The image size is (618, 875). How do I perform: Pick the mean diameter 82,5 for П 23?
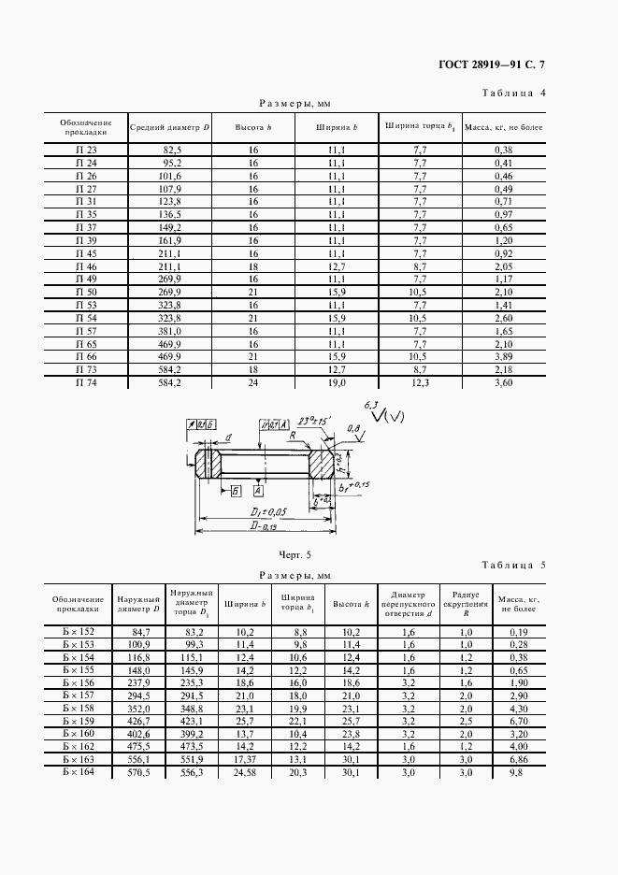(172, 150)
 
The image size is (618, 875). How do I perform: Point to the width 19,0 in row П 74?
(337, 383)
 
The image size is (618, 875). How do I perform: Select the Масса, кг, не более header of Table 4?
(504, 126)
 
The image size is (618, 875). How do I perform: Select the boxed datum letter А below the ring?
(257, 490)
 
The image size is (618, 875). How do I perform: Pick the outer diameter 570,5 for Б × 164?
(138, 771)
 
